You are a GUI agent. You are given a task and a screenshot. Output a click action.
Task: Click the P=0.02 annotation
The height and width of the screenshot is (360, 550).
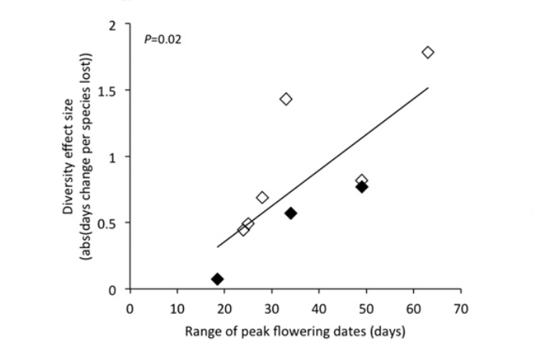163,38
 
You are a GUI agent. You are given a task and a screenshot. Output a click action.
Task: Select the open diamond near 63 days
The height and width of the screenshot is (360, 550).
427,52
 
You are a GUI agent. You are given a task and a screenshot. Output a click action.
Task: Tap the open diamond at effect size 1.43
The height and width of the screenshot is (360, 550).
286,99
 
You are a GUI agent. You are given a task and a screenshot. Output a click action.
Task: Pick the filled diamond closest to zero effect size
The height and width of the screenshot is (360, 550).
217,279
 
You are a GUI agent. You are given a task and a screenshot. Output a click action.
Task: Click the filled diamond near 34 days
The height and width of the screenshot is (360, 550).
290,213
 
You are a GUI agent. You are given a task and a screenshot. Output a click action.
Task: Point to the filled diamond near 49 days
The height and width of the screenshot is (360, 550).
361,186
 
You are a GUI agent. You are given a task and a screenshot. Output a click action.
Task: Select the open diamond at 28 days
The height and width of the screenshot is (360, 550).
262,197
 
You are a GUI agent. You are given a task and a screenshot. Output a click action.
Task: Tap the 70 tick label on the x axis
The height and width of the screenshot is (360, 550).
461,308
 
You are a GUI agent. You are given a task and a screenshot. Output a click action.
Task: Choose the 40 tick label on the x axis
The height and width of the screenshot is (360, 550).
319,308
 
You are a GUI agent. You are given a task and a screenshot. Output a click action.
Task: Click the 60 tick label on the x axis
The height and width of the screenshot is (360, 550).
414,308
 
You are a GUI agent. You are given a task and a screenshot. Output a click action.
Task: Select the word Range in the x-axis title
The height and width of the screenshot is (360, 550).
201,332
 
